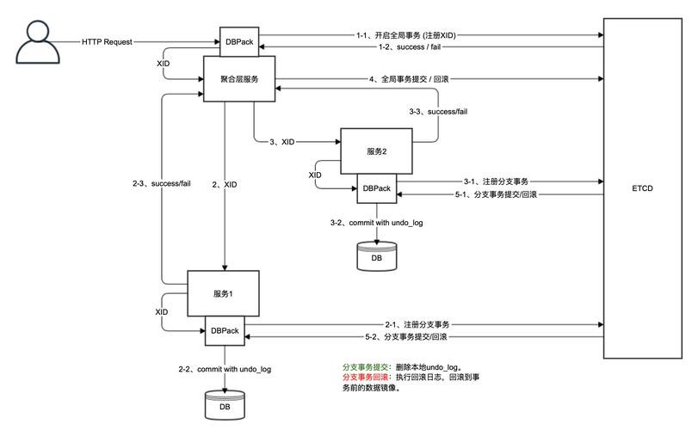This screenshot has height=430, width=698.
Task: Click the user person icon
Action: point(35,40)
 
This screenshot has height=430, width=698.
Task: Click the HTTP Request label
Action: point(107,40)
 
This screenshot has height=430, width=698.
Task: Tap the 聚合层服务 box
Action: point(238,78)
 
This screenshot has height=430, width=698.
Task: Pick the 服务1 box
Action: point(223,292)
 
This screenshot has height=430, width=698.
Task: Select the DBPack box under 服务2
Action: point(376,187)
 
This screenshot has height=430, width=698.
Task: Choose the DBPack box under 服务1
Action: point(224,330)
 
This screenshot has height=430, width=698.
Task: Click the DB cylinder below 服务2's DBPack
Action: point(376,255)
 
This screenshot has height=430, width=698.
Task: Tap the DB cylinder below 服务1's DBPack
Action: point(224,404)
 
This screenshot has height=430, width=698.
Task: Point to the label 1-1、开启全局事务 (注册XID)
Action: point(405,35)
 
